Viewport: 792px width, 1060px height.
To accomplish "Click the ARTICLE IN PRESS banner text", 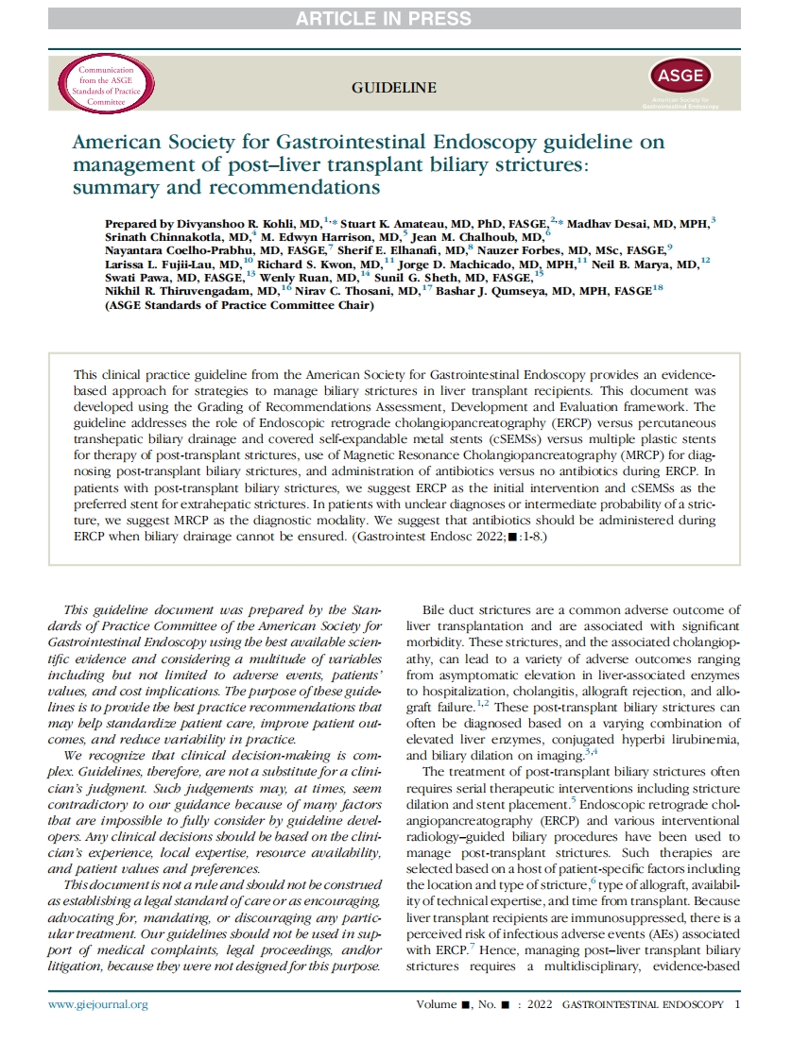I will tap(395, 17).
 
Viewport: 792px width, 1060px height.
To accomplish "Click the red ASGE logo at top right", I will tap(675, 77).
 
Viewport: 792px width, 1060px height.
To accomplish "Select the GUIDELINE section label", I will tap(394, 89).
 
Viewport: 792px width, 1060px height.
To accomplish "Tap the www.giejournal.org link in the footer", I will tap(98, 1004).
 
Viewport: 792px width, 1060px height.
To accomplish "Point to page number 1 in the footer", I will tap(737, 1004).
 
